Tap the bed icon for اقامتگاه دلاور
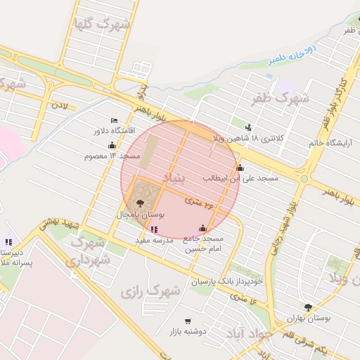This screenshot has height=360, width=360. [115, 120]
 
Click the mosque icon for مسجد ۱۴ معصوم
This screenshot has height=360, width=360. [112, 146]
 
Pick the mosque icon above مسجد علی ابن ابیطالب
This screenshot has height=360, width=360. [240, 167]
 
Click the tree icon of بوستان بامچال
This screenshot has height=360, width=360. [141, 202]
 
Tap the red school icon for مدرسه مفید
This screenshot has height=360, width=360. [154, 229]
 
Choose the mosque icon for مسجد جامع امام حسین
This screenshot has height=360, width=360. [203, 228]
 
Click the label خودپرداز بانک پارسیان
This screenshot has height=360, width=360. [228, 281]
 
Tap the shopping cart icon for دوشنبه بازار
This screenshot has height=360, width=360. [188, 321]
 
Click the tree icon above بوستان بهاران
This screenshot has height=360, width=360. [308, 307]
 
